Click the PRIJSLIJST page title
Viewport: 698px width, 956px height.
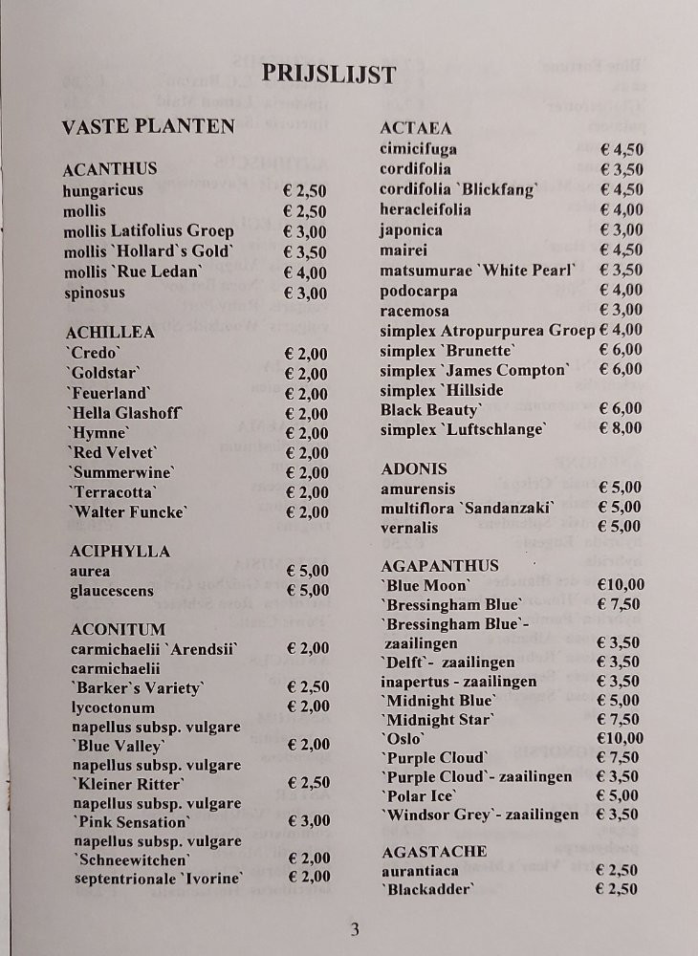click(328, 75)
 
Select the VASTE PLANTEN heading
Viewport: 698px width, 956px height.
click(148, 126)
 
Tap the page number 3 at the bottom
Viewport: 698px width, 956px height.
click(354, 928)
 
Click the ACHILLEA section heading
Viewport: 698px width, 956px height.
click(110, 332)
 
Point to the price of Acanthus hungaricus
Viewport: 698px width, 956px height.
click(305, 190)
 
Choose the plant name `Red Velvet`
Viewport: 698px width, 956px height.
click(113, 452)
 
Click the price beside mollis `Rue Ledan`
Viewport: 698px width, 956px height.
click(305, 272)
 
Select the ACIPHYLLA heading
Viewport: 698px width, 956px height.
click(120, 552)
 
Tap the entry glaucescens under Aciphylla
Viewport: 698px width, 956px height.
click(112, 591)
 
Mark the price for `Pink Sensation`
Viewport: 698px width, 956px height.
click(308, 821)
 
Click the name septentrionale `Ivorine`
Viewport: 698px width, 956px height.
click(159, 878)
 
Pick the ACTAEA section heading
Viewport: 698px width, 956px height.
click(416, 128)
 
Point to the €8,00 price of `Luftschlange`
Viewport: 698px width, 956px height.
click(621, 428)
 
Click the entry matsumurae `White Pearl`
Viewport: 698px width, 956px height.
click(478, 271)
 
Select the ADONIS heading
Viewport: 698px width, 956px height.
click(414, 468)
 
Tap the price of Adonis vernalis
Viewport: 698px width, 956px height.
click(620, 527)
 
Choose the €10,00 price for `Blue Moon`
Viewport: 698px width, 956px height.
click(621, 585)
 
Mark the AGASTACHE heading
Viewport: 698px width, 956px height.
click(434, 851)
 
